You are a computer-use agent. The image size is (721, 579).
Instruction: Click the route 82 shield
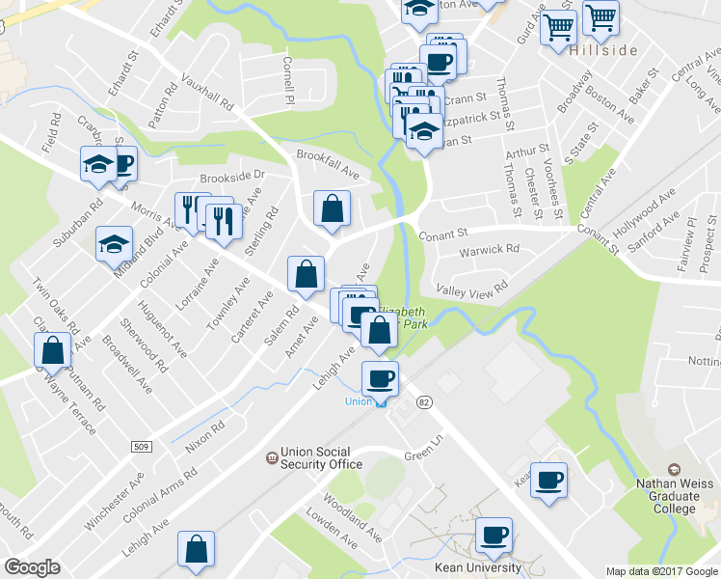tap(423, 400)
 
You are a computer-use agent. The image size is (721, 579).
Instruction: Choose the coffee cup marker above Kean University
tap(494, 537)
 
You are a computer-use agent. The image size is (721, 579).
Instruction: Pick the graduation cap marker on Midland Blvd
tap(114, 245)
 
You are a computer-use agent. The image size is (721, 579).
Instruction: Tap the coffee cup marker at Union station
tap(379, 379)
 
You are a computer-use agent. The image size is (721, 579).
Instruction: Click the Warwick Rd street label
tap(489, 250)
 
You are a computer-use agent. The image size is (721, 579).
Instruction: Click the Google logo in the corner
tap(32, 567)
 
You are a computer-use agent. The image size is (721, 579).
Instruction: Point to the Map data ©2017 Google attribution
tap(661, 571)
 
